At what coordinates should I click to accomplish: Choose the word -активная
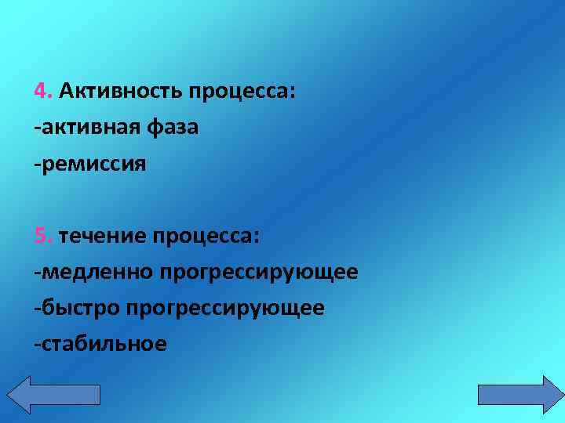click(x=87, y=128)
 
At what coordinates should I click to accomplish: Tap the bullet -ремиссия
click(x=90, y=164)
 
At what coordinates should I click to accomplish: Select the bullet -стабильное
click(x=100, y=343)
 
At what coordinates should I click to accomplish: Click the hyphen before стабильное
click(x=36, y=344)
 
